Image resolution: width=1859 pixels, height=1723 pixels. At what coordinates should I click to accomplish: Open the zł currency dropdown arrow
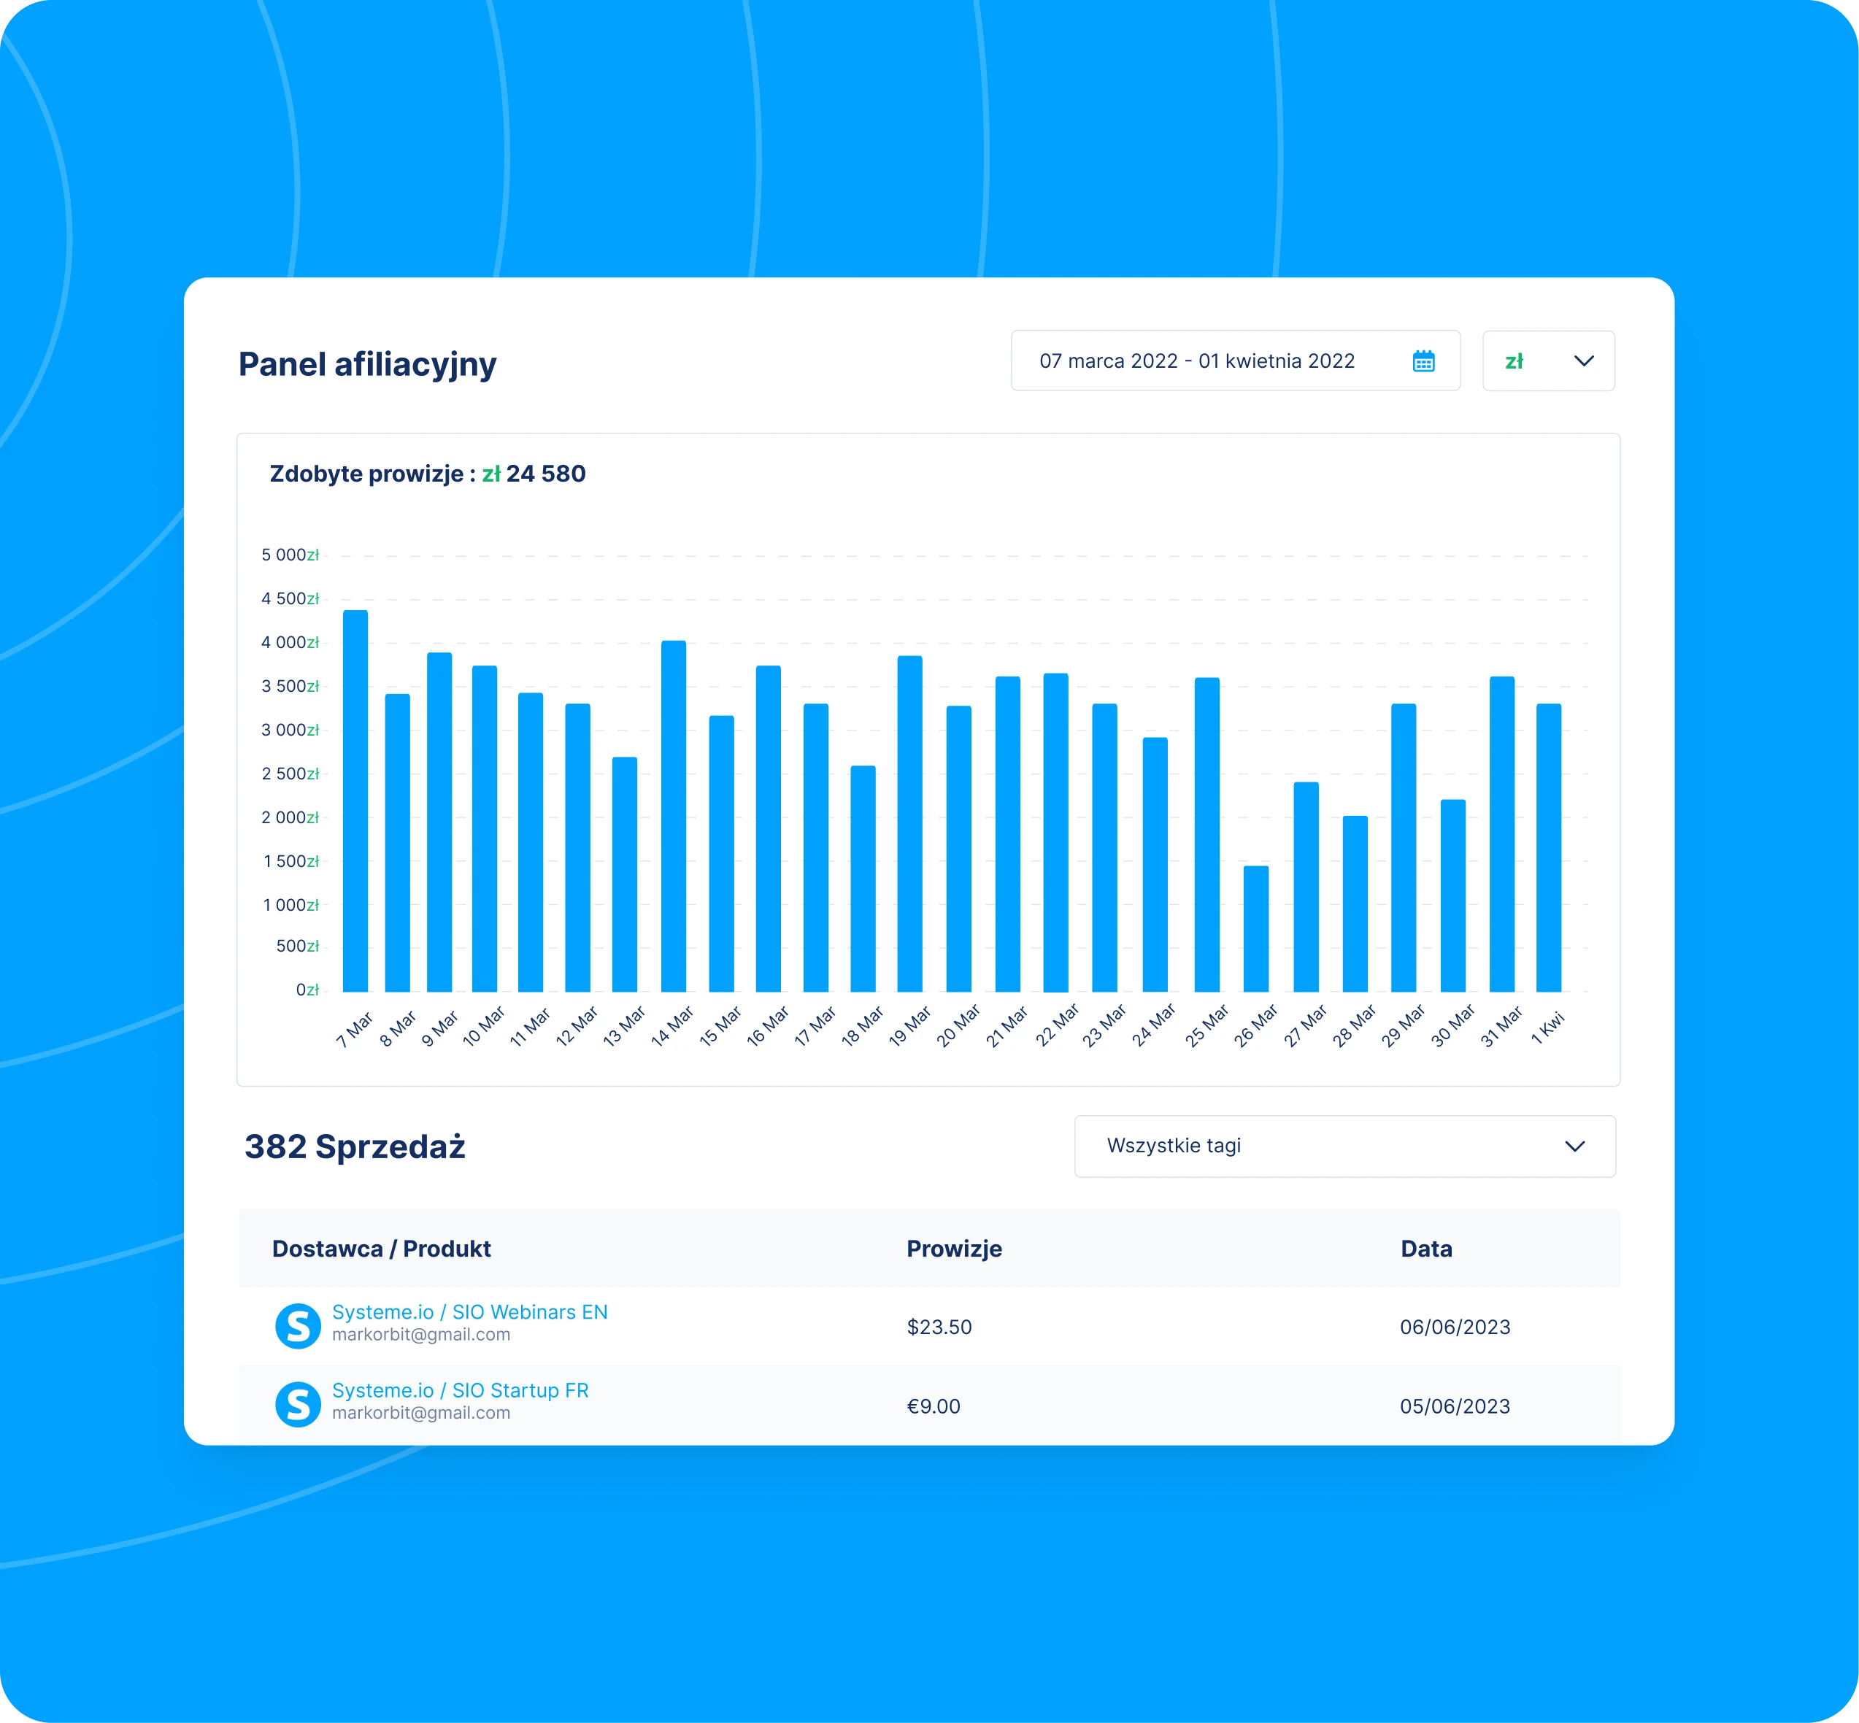click(1583, 361)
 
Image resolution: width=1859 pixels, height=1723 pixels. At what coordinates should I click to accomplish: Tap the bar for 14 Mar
click(673, 816)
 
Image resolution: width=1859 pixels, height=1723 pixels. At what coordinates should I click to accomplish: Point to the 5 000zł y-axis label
click(290, 555)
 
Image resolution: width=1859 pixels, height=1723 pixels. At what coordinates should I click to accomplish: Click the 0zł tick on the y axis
click(307, 990)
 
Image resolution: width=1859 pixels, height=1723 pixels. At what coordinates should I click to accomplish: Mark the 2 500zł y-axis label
click(290, 774)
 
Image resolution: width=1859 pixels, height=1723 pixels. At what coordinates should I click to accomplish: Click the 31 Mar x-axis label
click(1501, 1025)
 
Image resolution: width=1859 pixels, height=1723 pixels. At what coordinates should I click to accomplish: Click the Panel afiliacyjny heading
click(367, 363)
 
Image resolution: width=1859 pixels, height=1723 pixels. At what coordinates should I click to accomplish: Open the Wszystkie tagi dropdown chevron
click(1574, 1146)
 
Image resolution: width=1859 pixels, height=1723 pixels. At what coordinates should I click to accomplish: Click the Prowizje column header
click(954, 1249)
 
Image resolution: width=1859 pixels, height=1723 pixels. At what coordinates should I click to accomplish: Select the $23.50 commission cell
click(939, 1327)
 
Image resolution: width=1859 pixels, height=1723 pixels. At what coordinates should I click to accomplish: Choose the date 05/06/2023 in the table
click(1455, 1406)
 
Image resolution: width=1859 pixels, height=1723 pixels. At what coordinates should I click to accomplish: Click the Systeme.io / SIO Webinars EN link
click(469, 1312)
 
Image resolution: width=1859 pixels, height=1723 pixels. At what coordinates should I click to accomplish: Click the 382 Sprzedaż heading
click(354, 1146)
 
